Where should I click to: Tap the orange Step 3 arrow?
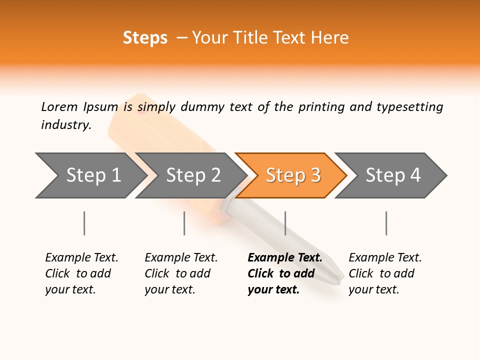[292, 175]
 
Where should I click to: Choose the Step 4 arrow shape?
[392, 175]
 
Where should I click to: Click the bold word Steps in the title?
[145, 38]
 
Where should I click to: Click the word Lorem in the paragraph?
[59, 107]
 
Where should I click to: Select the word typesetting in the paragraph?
[409, 107]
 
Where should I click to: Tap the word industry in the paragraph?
[65, 125]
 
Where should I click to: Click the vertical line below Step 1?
[84, 223]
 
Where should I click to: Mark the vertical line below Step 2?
[184, 223]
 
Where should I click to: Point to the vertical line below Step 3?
[285, 223]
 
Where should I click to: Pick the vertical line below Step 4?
[386, 223]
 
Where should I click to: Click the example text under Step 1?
[81, 273]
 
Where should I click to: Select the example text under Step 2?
[181, 273]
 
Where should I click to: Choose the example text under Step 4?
[385, 273]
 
